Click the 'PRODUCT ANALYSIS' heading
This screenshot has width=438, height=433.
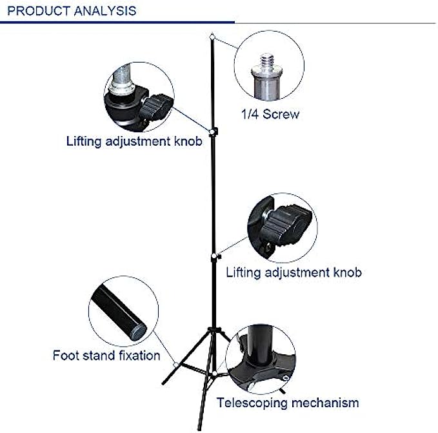pos(72,11)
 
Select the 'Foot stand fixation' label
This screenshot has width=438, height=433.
pos(106,355)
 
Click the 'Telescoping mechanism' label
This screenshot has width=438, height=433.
pos(288,403)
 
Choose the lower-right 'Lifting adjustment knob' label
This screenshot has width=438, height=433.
pos(294,272)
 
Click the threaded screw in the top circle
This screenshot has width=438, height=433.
pos(266,62)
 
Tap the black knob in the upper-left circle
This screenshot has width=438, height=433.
pos(157,106)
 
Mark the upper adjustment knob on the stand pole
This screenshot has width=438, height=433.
pos(214,132)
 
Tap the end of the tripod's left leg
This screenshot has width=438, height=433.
pos(164,382)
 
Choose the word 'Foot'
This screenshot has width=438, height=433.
pos(65,355)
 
